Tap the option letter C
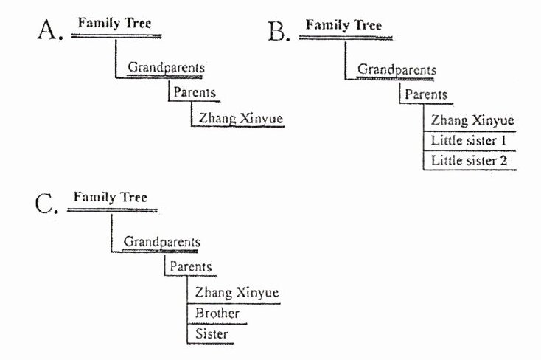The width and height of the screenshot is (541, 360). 46,204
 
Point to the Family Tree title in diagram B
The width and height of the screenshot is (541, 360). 343,26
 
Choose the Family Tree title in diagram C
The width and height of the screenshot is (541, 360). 111,198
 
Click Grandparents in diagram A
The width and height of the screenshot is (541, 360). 166,68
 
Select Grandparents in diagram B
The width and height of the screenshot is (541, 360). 397,69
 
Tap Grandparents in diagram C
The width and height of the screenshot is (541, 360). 161,242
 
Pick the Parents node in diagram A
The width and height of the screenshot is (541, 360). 195,93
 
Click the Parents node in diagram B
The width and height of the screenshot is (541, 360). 426,94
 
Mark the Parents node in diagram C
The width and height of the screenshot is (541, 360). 190,267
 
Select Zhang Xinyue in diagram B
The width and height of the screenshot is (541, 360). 472,120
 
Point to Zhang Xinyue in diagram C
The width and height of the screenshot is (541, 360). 237,293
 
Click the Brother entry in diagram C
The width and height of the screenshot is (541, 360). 217,314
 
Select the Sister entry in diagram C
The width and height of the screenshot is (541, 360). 212,334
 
